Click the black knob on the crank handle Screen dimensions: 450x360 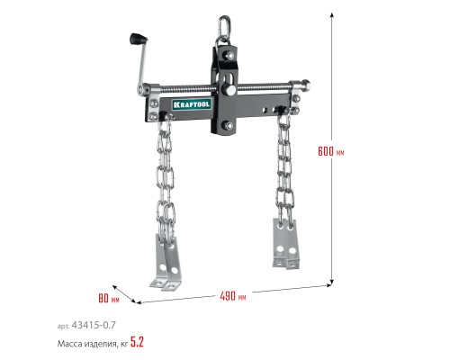click(139, 40)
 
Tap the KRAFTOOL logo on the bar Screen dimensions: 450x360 click(192, 104)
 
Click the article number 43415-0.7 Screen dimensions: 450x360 click(94, 325)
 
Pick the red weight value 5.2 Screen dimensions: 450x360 click(137, 342)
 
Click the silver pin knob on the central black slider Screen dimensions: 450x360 click(230, 90)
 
